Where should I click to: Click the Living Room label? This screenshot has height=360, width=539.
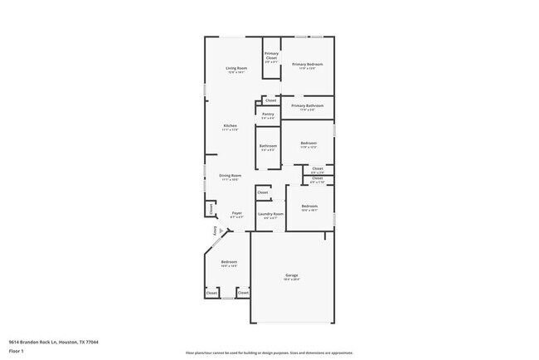point(236,68)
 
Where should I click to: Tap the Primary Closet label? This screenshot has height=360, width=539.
point(271,57)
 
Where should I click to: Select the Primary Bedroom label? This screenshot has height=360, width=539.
point(307,64)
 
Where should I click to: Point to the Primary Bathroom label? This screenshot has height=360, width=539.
point(307,106)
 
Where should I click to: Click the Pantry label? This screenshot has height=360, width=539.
point(268,114)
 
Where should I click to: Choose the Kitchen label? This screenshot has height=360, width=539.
point(230,126)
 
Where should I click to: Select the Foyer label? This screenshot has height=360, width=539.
point(236,213)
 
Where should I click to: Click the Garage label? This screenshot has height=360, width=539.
point(292,275)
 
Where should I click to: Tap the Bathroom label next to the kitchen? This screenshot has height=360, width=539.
point(268,146)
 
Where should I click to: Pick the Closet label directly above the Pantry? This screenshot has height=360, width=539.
point(270,100)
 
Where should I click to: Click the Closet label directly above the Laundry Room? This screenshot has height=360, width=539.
point(263,192)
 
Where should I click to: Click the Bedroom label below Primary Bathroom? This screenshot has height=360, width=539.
point(308,144)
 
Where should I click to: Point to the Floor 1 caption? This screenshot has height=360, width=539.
point(17,351)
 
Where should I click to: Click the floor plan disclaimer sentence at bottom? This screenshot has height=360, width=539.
point(269,352)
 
